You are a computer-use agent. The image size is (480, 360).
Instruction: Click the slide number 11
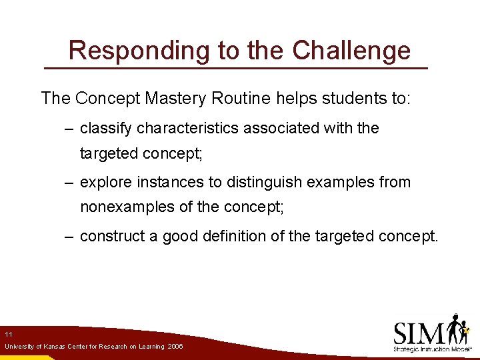pos(8,334)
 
